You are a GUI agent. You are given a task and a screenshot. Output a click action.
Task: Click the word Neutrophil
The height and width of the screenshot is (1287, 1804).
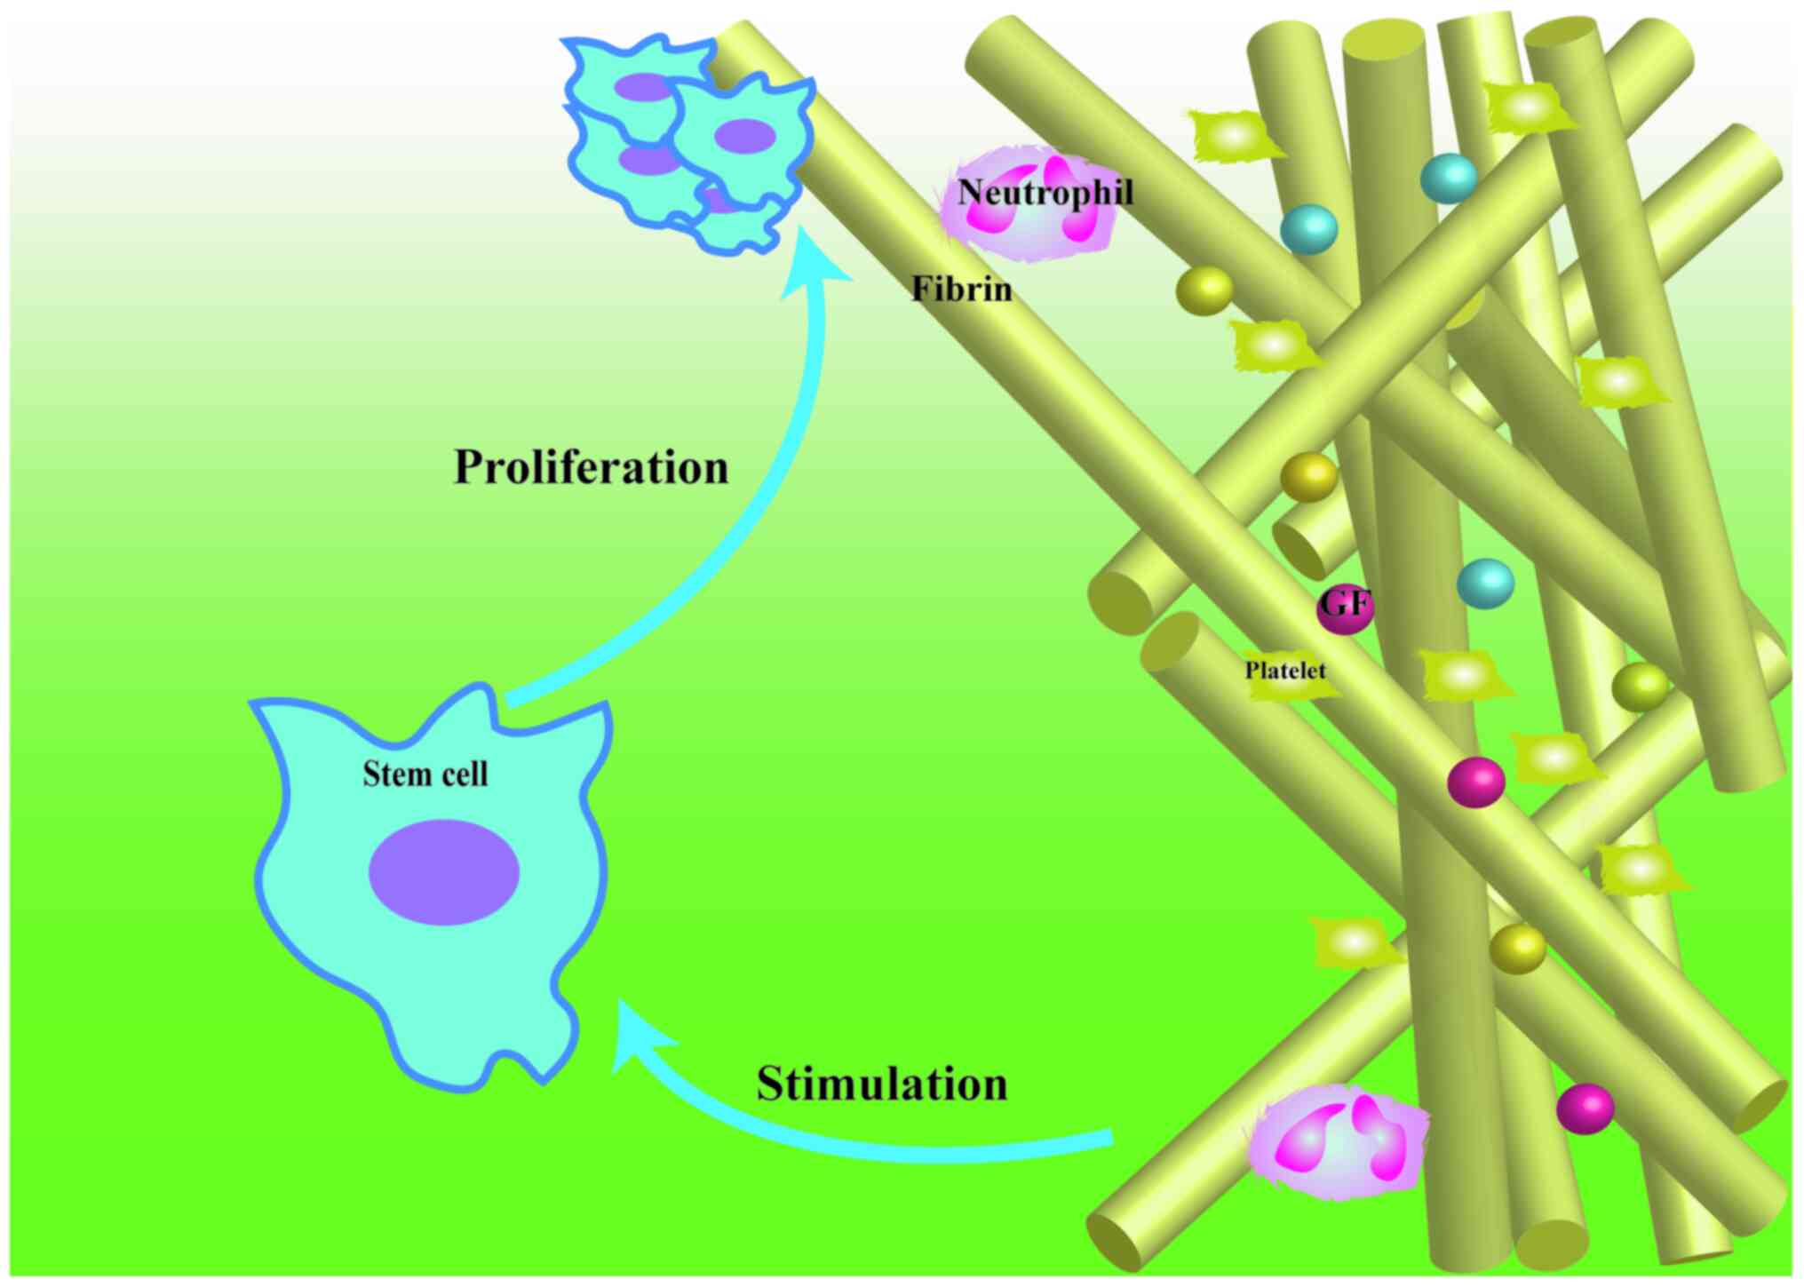coord(1045,193)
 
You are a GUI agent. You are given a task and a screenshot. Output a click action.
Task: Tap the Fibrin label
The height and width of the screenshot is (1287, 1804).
coord(961,290)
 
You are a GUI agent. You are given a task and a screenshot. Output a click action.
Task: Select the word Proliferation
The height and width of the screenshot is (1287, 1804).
coord(591,467)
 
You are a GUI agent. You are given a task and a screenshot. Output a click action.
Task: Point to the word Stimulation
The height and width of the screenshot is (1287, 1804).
coord(882,1084)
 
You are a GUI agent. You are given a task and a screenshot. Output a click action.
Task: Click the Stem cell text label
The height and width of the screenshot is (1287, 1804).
coord(425,775)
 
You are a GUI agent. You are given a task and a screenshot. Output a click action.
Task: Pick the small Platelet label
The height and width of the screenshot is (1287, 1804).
coord(1284,671)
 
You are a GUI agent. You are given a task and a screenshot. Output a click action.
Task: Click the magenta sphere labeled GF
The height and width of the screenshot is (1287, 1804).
coord(1345,608)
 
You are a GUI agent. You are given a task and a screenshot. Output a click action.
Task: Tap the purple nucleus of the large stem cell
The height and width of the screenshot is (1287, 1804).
coord(444,872)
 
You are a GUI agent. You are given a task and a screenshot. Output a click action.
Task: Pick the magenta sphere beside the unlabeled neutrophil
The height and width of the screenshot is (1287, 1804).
coord(1585,1108)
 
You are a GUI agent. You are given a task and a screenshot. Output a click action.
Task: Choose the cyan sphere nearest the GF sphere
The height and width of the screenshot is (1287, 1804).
coord(1485,584)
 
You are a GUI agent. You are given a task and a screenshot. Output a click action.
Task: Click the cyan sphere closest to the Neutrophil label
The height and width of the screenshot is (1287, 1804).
coord(1308,229)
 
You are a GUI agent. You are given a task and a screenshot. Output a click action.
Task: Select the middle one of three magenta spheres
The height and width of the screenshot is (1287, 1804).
coord(1476,782)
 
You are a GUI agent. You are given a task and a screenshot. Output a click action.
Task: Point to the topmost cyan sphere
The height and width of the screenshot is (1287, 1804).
coord(1449,179)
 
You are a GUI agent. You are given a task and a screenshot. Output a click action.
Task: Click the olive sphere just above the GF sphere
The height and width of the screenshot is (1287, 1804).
coord(1308,477)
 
